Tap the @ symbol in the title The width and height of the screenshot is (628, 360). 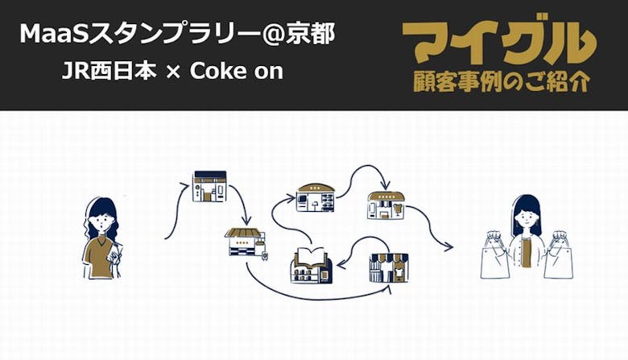[x=279, y=34]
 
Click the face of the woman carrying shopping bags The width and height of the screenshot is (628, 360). [x=526, y=216]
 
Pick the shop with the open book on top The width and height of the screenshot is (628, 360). [x=311, y=266]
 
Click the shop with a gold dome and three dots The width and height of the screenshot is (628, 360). [x=316, y=197]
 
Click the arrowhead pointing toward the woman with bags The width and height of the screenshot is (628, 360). [x=451, y=247]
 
